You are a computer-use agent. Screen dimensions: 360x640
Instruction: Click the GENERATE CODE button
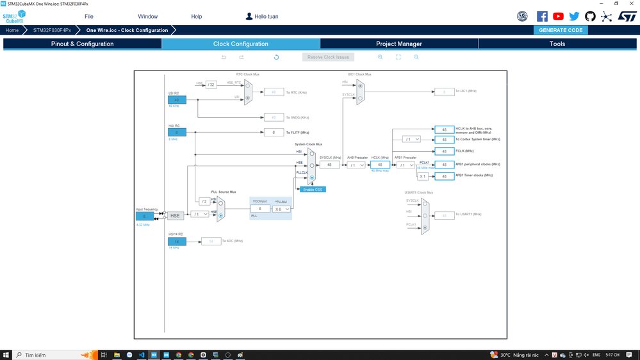click(561, 30)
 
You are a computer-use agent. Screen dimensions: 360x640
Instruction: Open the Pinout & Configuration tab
click(82, 44)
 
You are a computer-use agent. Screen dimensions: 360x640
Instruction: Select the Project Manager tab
click(398, 44)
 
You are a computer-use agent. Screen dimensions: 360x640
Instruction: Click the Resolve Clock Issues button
click(328, 57)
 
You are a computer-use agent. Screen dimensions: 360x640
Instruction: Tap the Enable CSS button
click(313, 190)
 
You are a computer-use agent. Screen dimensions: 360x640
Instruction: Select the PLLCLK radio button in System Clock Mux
click(312, 177)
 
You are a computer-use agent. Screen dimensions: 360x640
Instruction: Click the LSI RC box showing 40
click(177, 100)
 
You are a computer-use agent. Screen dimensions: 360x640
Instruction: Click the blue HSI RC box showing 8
click(177, 132)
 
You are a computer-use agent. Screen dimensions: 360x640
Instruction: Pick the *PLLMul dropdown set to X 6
click(281, 209)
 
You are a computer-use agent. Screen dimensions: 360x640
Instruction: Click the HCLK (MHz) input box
click(380, 165)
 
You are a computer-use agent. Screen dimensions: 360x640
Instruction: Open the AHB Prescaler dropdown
click(356, 165)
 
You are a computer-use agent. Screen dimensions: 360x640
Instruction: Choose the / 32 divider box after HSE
click(211, 85)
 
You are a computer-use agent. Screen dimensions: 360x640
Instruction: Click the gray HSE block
click(175, 216)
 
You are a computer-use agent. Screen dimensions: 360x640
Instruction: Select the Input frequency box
click(144, 216)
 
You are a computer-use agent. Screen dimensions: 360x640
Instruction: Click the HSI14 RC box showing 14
click(177, 241)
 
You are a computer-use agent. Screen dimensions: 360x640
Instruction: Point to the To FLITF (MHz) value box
click(274, 133)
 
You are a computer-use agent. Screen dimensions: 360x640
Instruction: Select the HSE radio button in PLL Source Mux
click(220, 216)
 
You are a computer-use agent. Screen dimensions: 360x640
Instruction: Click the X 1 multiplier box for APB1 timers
click(423, 176)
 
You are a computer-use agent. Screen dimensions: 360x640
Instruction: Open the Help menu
click(197, 16)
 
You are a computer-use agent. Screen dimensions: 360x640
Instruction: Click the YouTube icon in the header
click(558, 17)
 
